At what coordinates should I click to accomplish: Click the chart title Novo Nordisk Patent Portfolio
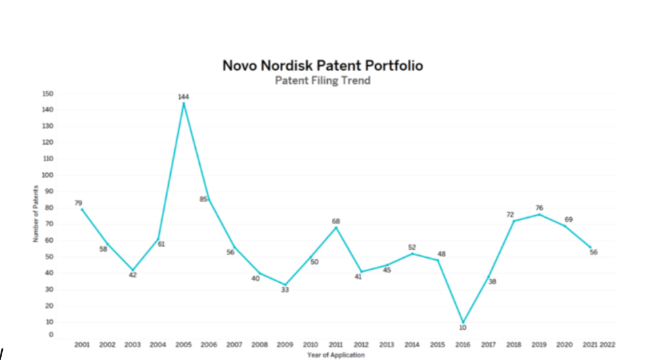[323, 65]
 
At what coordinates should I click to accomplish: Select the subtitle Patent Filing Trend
[323, 81]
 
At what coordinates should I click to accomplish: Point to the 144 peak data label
[183, 97]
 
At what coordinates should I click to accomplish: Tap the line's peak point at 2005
[183, 103]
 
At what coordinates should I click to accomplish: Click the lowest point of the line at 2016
[463, 323]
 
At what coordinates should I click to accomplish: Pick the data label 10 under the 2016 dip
[463, 328]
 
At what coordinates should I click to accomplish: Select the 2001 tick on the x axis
[82, 345]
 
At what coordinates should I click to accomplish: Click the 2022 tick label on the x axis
[607, 345]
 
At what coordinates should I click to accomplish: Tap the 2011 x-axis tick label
[336, 345]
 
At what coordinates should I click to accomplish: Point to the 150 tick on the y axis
[48, 93]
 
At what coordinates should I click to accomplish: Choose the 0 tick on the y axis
[51, 334]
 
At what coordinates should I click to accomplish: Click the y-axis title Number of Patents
[35, 214]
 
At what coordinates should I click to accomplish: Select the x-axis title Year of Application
[336, 355]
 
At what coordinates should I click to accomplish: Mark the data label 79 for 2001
[79, 203]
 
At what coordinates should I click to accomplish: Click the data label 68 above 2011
[336, 221]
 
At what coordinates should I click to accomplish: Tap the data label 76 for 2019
[539, 208]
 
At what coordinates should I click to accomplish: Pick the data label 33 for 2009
[285, 290]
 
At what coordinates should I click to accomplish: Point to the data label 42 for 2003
[132, 275]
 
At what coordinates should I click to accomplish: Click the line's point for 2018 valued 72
[513, 221]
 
